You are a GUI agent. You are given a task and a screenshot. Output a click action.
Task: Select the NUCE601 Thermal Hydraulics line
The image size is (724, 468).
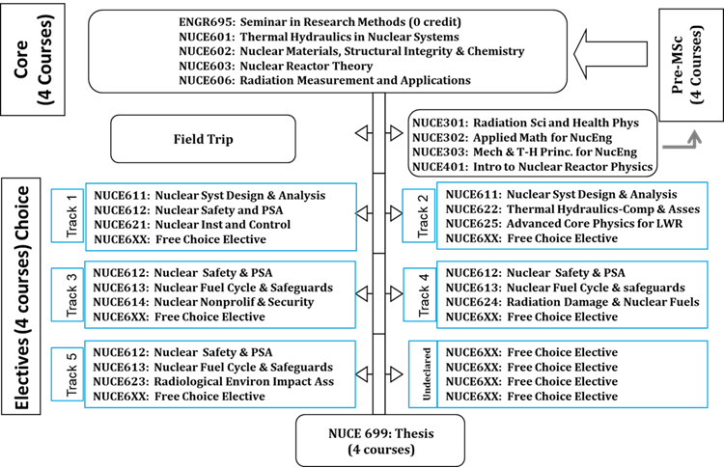click(320, 35)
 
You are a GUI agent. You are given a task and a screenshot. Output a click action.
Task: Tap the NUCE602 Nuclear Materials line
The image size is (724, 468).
click(351, 50)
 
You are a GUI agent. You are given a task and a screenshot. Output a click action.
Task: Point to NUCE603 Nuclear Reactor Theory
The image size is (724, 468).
click(290, 66)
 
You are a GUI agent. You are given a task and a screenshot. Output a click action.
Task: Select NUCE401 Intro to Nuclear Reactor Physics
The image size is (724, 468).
click(532, 167)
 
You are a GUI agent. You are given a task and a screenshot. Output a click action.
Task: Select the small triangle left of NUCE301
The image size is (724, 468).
click(396, 135)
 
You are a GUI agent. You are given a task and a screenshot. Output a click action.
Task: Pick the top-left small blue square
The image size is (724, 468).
click(67, 215)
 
